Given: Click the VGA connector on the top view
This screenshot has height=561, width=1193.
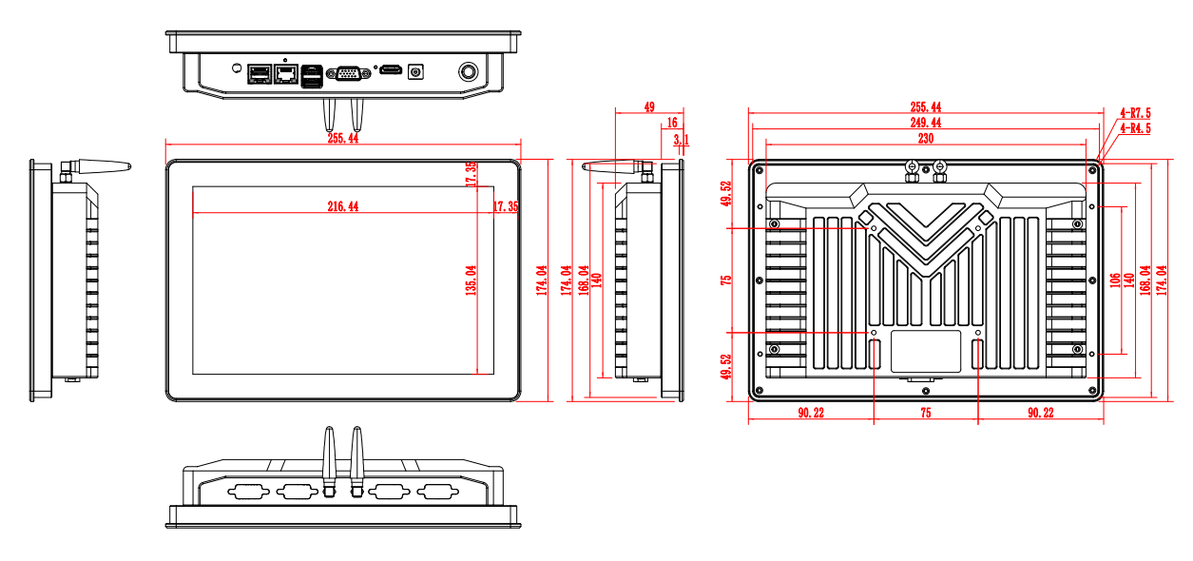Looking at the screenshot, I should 347,73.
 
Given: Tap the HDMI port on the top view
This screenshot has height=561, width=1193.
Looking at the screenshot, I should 389,71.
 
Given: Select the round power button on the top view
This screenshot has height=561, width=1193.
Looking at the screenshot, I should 468,71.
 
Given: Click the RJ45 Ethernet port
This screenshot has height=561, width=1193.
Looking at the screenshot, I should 284,72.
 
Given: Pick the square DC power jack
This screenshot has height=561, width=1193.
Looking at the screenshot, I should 415,71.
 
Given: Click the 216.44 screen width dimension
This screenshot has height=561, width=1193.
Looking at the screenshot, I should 343,206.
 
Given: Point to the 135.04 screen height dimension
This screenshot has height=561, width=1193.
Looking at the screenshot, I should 470,280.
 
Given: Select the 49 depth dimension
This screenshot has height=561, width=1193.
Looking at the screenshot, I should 649,108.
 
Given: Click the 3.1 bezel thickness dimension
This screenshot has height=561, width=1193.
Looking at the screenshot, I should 681,141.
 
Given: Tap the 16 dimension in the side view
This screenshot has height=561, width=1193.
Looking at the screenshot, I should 672,123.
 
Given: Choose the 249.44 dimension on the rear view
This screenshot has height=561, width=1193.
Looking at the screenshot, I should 925,123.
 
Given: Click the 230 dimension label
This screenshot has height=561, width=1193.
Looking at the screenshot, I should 925,138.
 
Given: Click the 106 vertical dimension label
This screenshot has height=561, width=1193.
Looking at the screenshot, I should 1114,281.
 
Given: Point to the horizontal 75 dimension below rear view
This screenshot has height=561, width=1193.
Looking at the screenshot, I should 925,413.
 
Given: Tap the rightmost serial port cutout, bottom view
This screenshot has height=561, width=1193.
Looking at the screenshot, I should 434,492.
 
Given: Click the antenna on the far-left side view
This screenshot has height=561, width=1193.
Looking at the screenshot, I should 95,169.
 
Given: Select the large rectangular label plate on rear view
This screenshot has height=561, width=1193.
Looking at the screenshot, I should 926,350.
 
